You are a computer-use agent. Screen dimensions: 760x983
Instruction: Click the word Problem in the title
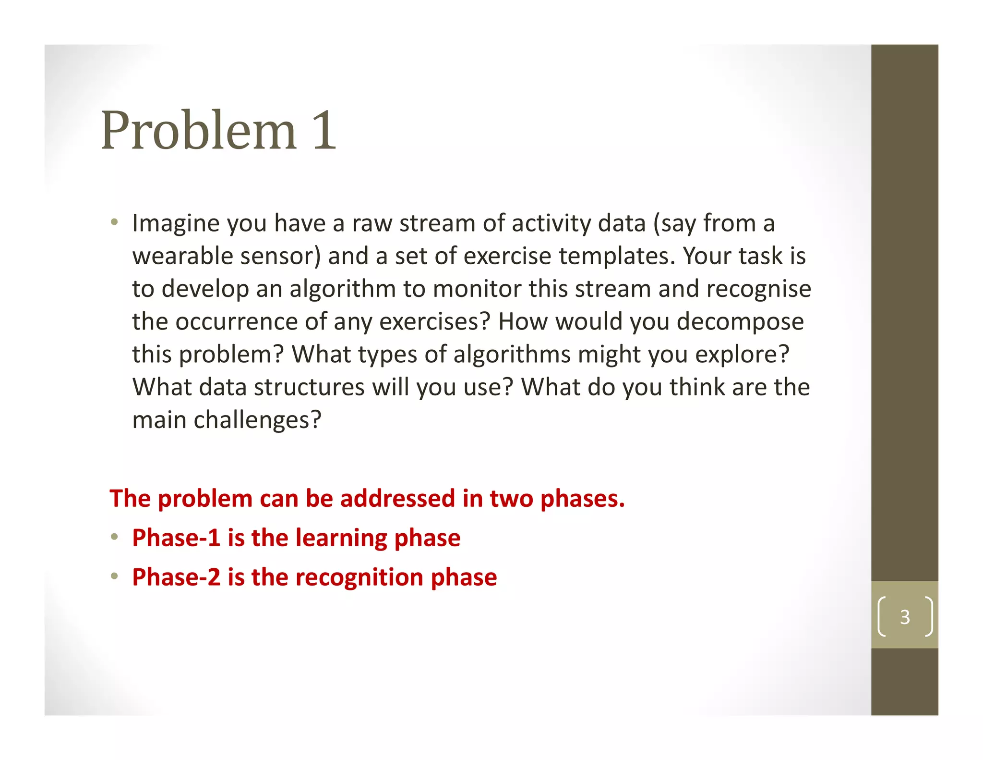(x=198, y=131)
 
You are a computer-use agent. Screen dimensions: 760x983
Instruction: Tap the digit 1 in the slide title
(x=324, y=131)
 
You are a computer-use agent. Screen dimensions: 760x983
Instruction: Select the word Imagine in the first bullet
(x=175, y=224)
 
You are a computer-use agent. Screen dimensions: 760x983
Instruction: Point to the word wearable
(x=182, y=256)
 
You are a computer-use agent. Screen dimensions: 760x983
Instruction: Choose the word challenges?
(x=257, y=420)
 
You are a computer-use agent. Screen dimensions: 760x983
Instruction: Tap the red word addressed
(x=397, y=498)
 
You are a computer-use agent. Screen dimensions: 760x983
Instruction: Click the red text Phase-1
(x=176, y=538)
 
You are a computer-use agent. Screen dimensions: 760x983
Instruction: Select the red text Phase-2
(x=176, y=577)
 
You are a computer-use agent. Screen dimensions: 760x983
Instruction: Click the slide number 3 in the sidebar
(x=905, y=617)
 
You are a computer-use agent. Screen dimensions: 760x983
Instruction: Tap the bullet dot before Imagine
(x=114, y=222)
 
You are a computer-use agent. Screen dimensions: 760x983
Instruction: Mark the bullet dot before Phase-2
(x=114, y=576)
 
